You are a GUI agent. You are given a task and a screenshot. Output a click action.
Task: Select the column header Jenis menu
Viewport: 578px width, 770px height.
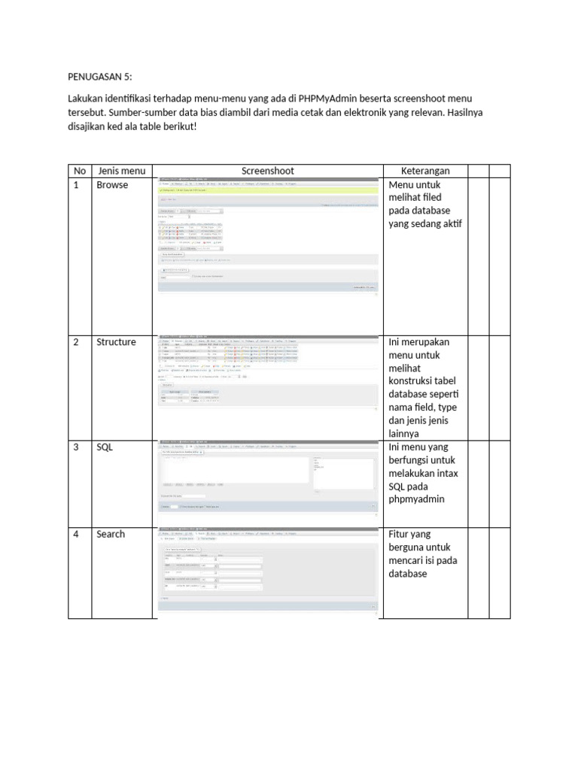coord(121,171)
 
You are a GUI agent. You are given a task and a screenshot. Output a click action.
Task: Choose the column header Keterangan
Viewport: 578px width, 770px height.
coord(425,171)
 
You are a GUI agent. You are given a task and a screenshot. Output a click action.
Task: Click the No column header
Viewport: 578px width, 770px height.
coord(79,171)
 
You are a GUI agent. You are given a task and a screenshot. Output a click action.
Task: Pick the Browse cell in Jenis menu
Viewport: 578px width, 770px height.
coord(112,185)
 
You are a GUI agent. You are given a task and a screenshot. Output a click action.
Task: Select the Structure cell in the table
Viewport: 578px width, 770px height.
coord(116,342)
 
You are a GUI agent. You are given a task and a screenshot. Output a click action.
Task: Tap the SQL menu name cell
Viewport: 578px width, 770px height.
coord(104,447)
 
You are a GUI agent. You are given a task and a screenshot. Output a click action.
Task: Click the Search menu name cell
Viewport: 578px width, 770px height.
coord(111,535)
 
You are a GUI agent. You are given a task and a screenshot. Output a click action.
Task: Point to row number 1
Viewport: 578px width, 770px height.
coord(76,185)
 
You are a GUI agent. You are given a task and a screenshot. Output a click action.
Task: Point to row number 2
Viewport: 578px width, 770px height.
coord(76,342)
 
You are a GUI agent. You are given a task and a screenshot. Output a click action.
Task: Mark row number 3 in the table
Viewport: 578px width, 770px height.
coord(76,447)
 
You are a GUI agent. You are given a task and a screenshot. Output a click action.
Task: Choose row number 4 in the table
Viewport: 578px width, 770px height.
coord(76,535)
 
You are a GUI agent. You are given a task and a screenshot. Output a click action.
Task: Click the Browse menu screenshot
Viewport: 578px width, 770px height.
coord(268,237)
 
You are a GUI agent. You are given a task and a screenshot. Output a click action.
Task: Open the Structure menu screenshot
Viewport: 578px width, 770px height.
coord(268,373)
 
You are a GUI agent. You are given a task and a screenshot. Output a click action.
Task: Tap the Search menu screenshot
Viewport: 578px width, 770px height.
coord(268,571)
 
